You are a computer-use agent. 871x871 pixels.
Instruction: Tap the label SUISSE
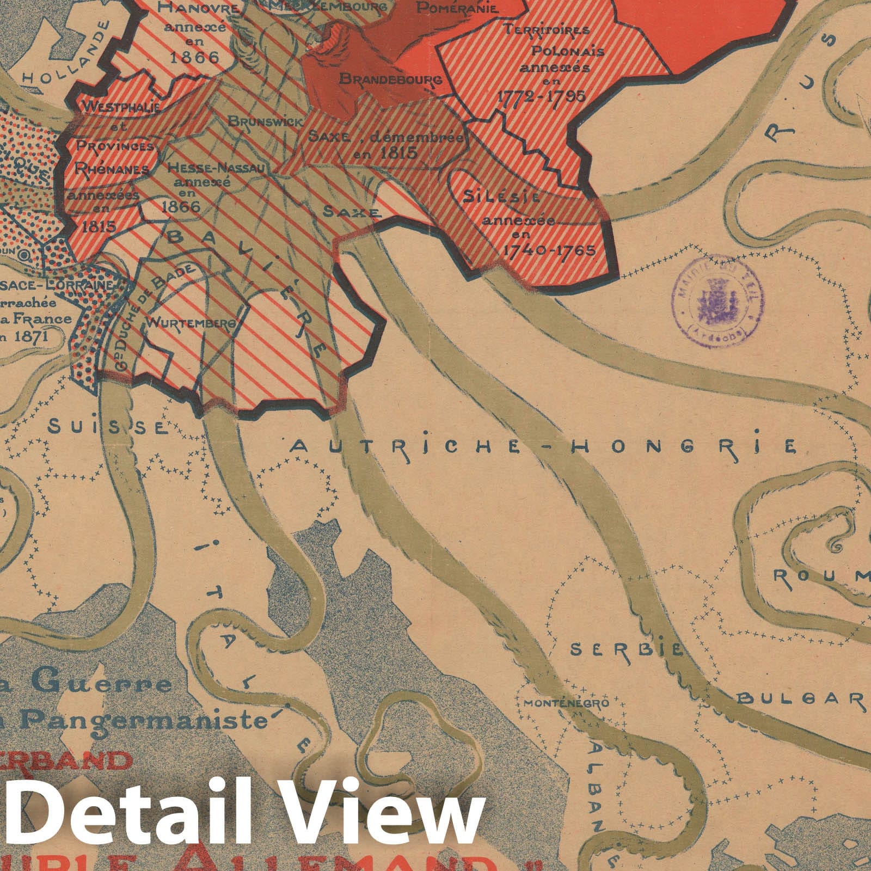107,427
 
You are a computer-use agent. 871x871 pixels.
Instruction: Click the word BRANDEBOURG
390,79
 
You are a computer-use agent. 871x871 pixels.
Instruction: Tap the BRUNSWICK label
265,122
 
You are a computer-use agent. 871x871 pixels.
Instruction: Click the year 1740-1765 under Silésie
548,250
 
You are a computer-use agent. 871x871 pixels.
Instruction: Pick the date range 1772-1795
542,96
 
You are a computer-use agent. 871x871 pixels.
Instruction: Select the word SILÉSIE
501,197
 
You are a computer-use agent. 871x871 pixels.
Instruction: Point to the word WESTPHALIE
121,107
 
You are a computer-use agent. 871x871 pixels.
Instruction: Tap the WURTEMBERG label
192,323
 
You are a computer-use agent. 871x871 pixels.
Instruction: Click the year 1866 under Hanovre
193,57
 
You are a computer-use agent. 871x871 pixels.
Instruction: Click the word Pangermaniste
147,721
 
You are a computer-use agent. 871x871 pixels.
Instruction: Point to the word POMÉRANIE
457,8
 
